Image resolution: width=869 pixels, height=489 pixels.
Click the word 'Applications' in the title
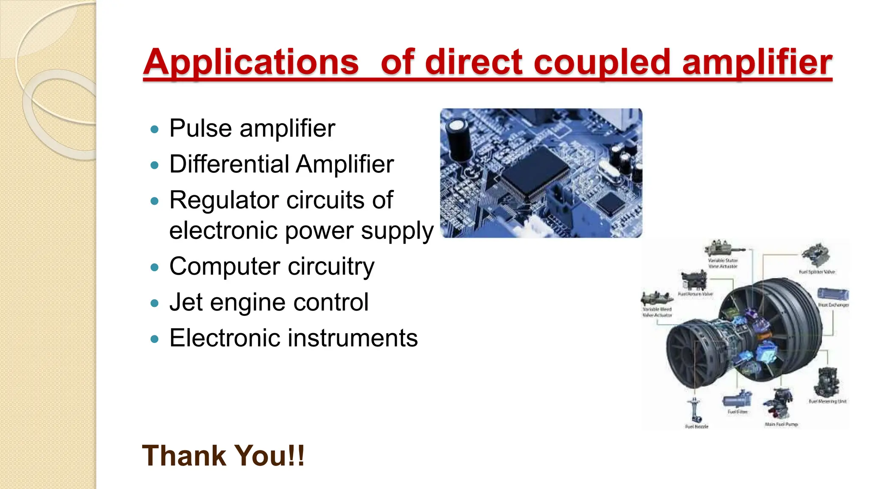coord(251,63)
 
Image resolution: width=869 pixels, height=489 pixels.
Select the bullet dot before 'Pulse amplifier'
coord(155,129)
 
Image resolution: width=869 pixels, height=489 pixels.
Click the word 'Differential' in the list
coord(229,164)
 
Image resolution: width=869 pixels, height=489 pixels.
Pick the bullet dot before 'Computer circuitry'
coord(155,267)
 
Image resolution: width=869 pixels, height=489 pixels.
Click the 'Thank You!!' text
coord(223,456)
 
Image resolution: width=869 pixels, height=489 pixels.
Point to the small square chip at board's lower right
coord(611,204)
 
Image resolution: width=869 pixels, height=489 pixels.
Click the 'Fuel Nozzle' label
coord(697,426)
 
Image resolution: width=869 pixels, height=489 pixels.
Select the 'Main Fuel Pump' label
coord(781,424)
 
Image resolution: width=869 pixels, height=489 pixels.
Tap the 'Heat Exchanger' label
coord(833,305)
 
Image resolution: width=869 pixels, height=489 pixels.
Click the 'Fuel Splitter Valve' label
coord(817,272)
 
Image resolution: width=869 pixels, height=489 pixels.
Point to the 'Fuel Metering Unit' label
coord(827,401)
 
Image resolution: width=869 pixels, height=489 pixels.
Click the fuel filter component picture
coord(737,399)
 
